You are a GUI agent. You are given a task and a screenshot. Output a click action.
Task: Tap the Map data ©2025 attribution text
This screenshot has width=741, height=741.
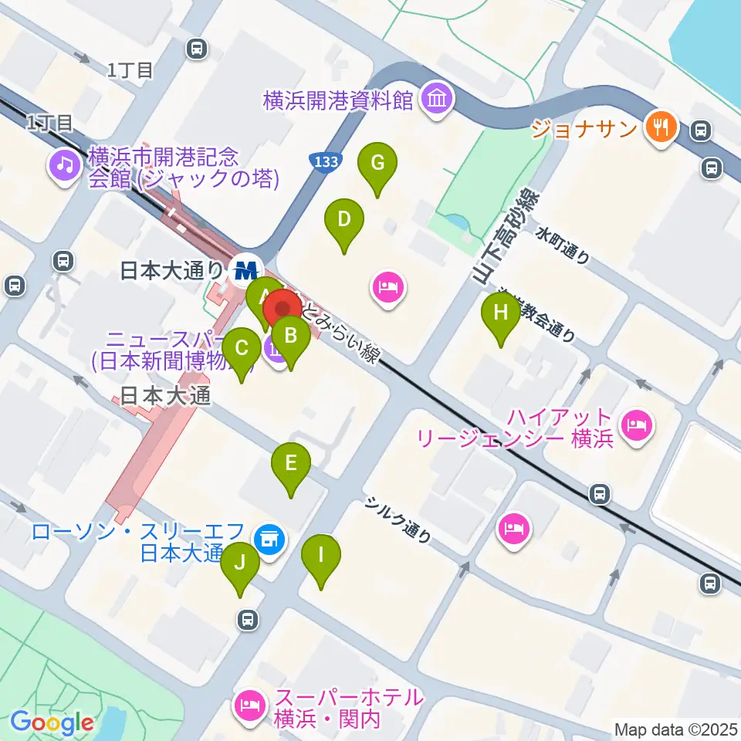click(x=676, y=729)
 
